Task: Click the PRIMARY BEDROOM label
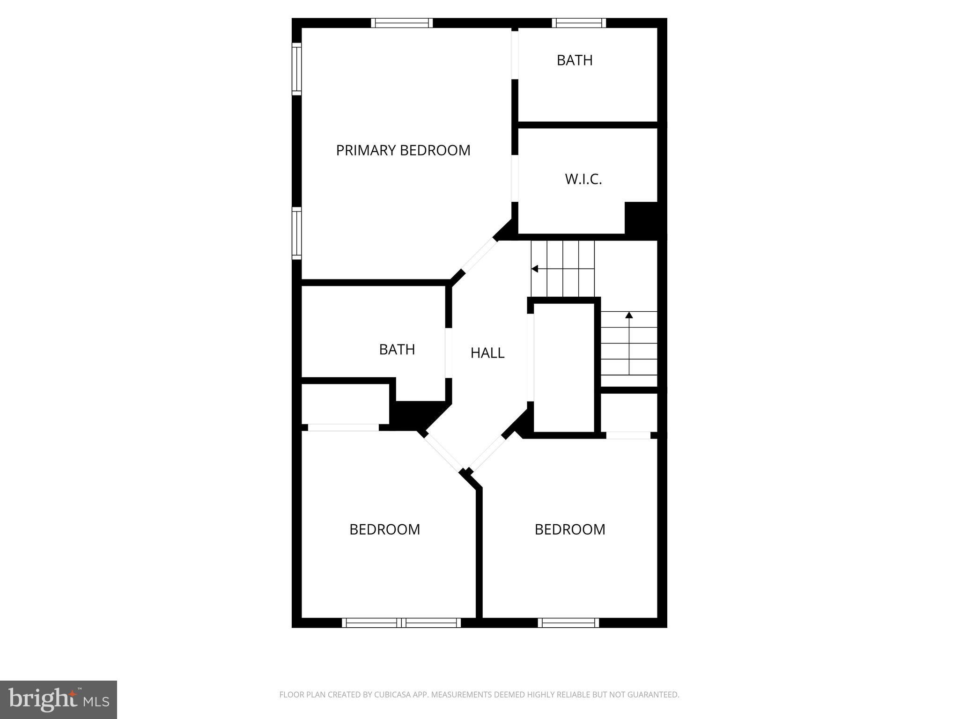(x=403, y=150)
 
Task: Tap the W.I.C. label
(x=583, y=179)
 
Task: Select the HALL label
(x=487, y=353)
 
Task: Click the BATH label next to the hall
(x=397, y=350)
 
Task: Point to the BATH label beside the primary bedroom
(x=575, y=60)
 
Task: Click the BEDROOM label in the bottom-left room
(x=384, y=529)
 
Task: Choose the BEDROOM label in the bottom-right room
(x=570, y=529)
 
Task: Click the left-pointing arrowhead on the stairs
(x=535, y=269)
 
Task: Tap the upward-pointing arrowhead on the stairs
(x=629, y=315)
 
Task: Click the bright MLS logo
(x=59, y=699)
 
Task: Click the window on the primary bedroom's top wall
(x=402, y=23)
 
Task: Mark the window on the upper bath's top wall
(x=579, y=23)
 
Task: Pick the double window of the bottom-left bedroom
(x=401, y=623)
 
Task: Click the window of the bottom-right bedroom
(x=568, y=623)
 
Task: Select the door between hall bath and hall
(x=449, y=353)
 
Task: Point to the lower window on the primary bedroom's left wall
(x=297, y=233)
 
